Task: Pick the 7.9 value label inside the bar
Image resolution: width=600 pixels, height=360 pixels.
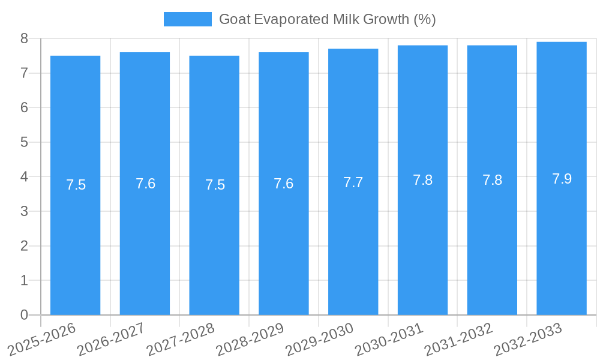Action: (x=562, y=179)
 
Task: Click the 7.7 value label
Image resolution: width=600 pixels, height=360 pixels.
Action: (x=353, y=182)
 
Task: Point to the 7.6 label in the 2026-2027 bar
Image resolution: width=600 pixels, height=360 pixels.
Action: (x=145, y=184)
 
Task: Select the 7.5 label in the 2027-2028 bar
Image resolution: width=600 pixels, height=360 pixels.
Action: (x=215, y=185)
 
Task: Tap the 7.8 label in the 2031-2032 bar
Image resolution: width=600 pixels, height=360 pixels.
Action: (x=492, y=180)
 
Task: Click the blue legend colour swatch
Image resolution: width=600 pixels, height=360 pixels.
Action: (x=187, y=19)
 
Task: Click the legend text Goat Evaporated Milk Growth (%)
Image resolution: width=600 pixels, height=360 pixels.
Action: (x=327, y=19)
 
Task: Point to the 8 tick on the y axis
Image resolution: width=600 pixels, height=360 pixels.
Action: (x=25, y=38)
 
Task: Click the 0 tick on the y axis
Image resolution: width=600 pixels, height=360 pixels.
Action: (x=25, y=315)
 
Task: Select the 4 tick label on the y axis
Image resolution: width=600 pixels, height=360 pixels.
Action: (x=25, y=177)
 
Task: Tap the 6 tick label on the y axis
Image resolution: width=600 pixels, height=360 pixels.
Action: (x=25, y=108)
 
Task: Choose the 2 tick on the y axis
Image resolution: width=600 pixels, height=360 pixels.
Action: (x=25, y=246)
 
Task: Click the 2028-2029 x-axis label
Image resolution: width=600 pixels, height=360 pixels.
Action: (x=250, y=339)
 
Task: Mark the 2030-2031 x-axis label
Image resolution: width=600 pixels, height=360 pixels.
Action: (x=389, y=339)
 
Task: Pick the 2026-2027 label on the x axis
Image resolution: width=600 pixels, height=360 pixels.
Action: (x=110, y=339)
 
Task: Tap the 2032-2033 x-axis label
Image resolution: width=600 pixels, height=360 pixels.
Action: (x=528, y=339)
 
